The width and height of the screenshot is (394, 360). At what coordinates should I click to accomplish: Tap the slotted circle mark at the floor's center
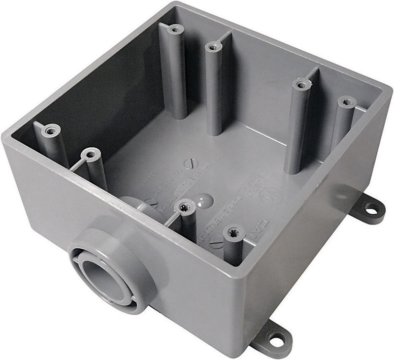coord(189,163)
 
